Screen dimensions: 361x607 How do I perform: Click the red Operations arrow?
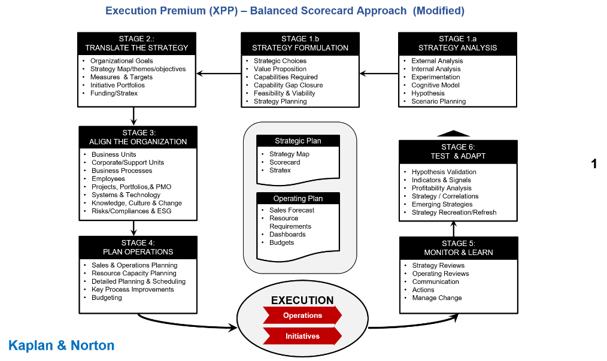point(302,316)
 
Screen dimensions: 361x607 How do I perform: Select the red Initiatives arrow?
point(302,336)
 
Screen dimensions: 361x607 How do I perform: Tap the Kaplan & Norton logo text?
point(62,345)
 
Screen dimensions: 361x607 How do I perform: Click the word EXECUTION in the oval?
point(302,301)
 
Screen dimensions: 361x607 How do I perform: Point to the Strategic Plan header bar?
point(298,141)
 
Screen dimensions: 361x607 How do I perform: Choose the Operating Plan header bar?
point(298,199)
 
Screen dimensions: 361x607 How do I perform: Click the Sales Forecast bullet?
point(292,210)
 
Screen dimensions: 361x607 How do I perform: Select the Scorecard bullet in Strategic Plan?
point(284,162)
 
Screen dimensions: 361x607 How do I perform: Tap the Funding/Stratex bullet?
point(114,93)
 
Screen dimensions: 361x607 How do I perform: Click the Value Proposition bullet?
point(280,69)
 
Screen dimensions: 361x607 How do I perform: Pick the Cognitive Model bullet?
point(435,85)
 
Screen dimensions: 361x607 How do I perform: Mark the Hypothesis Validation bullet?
point(444,172)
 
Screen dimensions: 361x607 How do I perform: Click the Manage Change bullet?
point(436,298)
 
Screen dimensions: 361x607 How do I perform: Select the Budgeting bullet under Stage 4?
point(107,298)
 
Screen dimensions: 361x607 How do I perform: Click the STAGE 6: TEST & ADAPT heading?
point(457,151)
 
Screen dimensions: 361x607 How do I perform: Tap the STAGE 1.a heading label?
point(457,39)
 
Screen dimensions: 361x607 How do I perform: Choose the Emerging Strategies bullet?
point(442,204)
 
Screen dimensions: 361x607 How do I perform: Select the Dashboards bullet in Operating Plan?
point(287,234)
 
